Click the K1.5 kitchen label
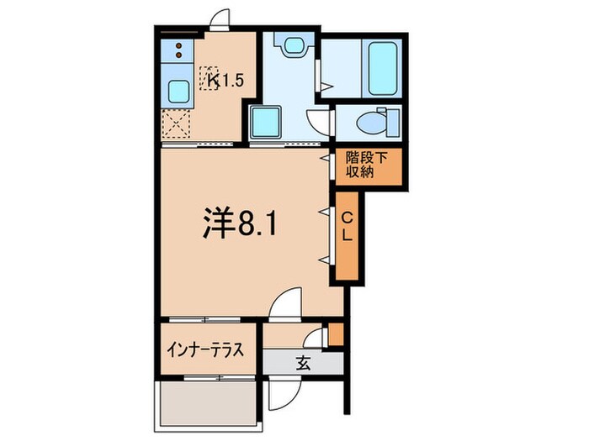click(225, 81)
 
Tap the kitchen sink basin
click(178, 90)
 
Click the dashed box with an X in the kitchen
click(178, 126)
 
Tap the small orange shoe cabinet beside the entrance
click(336, 333)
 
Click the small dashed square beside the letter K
click(207, 80)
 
